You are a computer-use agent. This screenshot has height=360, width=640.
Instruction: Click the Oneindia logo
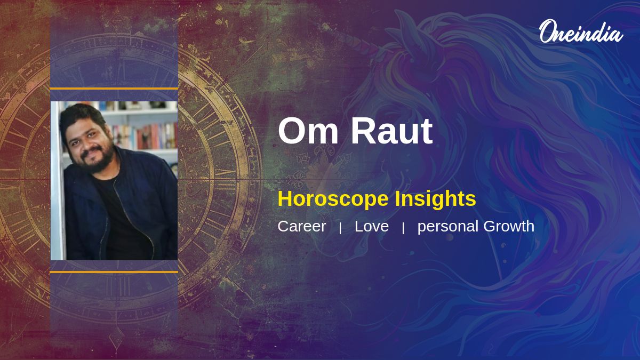pyautogui.click(x=581, y=31)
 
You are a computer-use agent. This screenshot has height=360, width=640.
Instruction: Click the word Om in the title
pyautogui.click(x=308, y=131)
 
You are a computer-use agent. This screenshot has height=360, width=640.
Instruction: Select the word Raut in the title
pyautogui.click(x=391, y=131)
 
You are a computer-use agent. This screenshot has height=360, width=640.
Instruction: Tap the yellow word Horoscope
pyautogui.click(x=333, y=199)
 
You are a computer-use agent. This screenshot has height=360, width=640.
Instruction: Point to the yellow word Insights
pyautogui.click(x=435, y=198)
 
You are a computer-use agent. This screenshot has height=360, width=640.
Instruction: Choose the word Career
pyautogui.click(x=302, y=226)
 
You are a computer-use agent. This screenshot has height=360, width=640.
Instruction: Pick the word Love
pyautogui.click(x=371, y=226)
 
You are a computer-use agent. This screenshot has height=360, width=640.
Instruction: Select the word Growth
pyautogui.click(x=509, y=226)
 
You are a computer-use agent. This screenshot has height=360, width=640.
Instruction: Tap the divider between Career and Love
pyautogui.click(x=340, y=228)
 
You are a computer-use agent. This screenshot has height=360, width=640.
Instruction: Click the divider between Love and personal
pyautogui.click(x=403, y=228)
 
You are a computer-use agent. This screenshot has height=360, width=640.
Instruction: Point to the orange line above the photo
pyautogui.click(x=114, y=89)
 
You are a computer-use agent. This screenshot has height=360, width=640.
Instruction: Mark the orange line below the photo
pyautogui.click(x=114, y=272)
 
